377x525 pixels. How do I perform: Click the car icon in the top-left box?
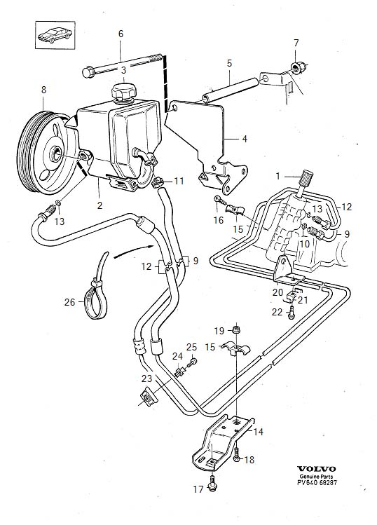click(55, 35)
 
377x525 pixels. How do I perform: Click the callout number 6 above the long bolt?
click(121, 34)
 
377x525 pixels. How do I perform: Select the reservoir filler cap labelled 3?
click(123, 91)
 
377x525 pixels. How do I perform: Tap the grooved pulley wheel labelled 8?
click(43, 153)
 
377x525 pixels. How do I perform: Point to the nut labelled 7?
click(296, 67)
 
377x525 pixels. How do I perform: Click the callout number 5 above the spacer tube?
click(229, 63)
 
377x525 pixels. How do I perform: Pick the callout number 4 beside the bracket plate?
click(245, 139)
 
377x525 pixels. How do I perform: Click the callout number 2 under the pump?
click(100, 205)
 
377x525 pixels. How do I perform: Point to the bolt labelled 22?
click(292, 313)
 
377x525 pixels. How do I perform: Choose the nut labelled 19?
click(236, 329)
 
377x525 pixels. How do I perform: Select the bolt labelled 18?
click(237, 455)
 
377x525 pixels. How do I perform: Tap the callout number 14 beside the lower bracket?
click(258, 432)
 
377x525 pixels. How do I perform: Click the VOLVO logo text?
click(317, 469)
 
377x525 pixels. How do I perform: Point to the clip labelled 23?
click(148, 396)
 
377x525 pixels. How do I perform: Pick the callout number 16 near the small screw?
click(218, 220)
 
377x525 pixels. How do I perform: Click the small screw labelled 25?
click(193, 362)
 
